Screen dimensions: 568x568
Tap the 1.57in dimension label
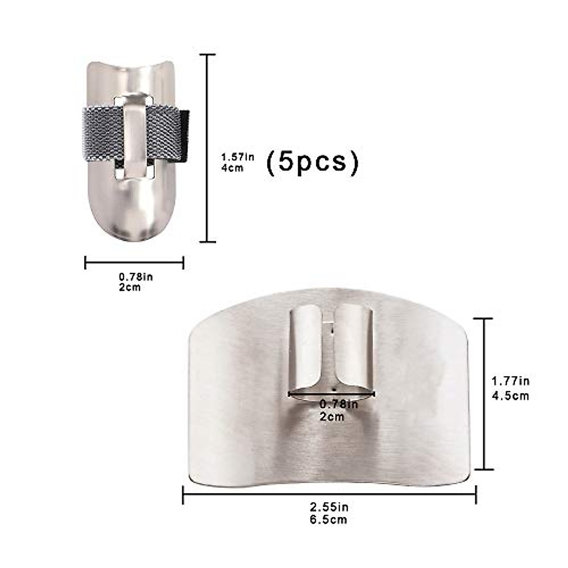238,157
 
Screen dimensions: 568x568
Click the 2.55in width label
329,507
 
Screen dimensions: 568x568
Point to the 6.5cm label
329,519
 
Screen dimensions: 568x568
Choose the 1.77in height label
511,381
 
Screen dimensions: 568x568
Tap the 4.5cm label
511,395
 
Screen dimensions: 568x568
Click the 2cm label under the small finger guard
130,287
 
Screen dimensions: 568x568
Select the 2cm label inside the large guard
332,417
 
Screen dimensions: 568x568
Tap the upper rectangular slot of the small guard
134,100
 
